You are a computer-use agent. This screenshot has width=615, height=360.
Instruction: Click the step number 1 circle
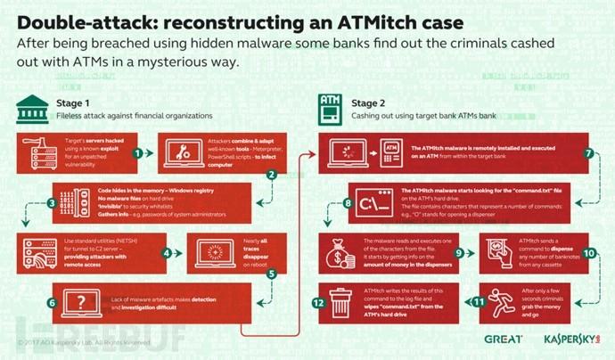click(x=138, y=152)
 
